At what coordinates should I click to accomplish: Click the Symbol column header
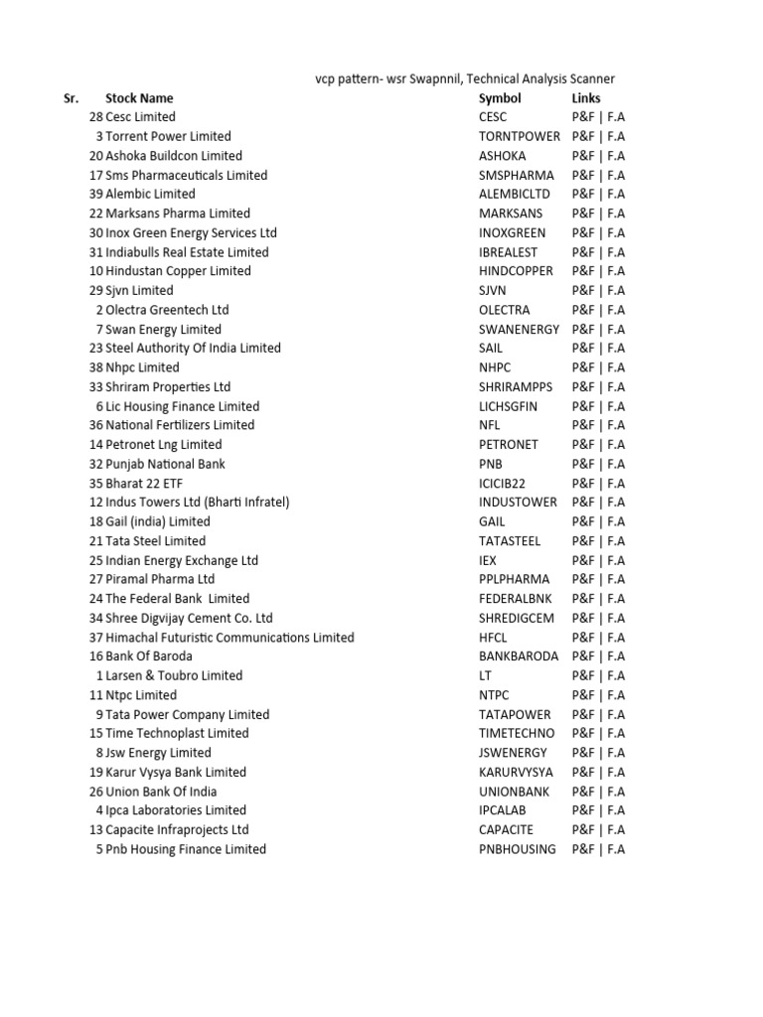[x=499, y=98]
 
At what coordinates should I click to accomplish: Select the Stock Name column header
[x=139, y=98]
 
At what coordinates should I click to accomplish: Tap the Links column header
[x=586, y=98]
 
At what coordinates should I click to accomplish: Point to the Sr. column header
[x=71, y=98]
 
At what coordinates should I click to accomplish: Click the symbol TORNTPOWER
[x=519, y=136]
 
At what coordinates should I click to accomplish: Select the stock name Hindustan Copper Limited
[x=178, y=271]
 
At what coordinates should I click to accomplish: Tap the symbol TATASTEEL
[x=510, y=541]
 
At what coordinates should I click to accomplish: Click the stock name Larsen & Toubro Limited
[x=174, y=676]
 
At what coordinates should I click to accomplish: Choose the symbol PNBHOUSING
[x=517, y=849]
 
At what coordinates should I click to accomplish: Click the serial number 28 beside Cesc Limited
[x=95, y=117]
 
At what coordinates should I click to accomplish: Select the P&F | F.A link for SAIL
[x=598, y=349]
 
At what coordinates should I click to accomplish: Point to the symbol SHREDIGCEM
[x=516, y=618]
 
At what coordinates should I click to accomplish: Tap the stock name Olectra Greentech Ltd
[x=167, y=310]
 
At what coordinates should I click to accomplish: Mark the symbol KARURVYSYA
[x=515, y=773]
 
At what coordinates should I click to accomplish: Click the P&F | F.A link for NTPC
[x=598, y=695]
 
